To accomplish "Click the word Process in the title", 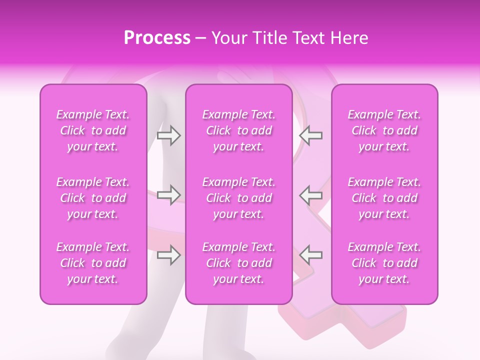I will pos(157,38).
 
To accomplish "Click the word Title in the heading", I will pos(268,38).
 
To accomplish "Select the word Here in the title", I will pos(348,38).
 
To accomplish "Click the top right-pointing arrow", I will pos(169,135).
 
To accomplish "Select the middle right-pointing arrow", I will pos(169,195).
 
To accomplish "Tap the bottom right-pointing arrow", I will pos(169,255).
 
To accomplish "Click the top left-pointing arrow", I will pos(311,135).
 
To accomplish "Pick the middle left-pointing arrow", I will pos(311,195).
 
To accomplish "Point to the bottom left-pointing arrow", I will pos(311,255).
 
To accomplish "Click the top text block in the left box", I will pos(93,130).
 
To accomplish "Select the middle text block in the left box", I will pos(93,198).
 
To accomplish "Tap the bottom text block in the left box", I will pos(93,263).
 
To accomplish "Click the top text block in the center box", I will pos(238,130).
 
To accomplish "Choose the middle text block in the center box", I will pos(238,198).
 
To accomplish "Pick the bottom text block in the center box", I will pos(238,263).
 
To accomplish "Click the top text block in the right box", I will pos(384,130).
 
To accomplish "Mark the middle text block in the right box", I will pos(384,198).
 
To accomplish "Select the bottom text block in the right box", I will pos(384,263).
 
